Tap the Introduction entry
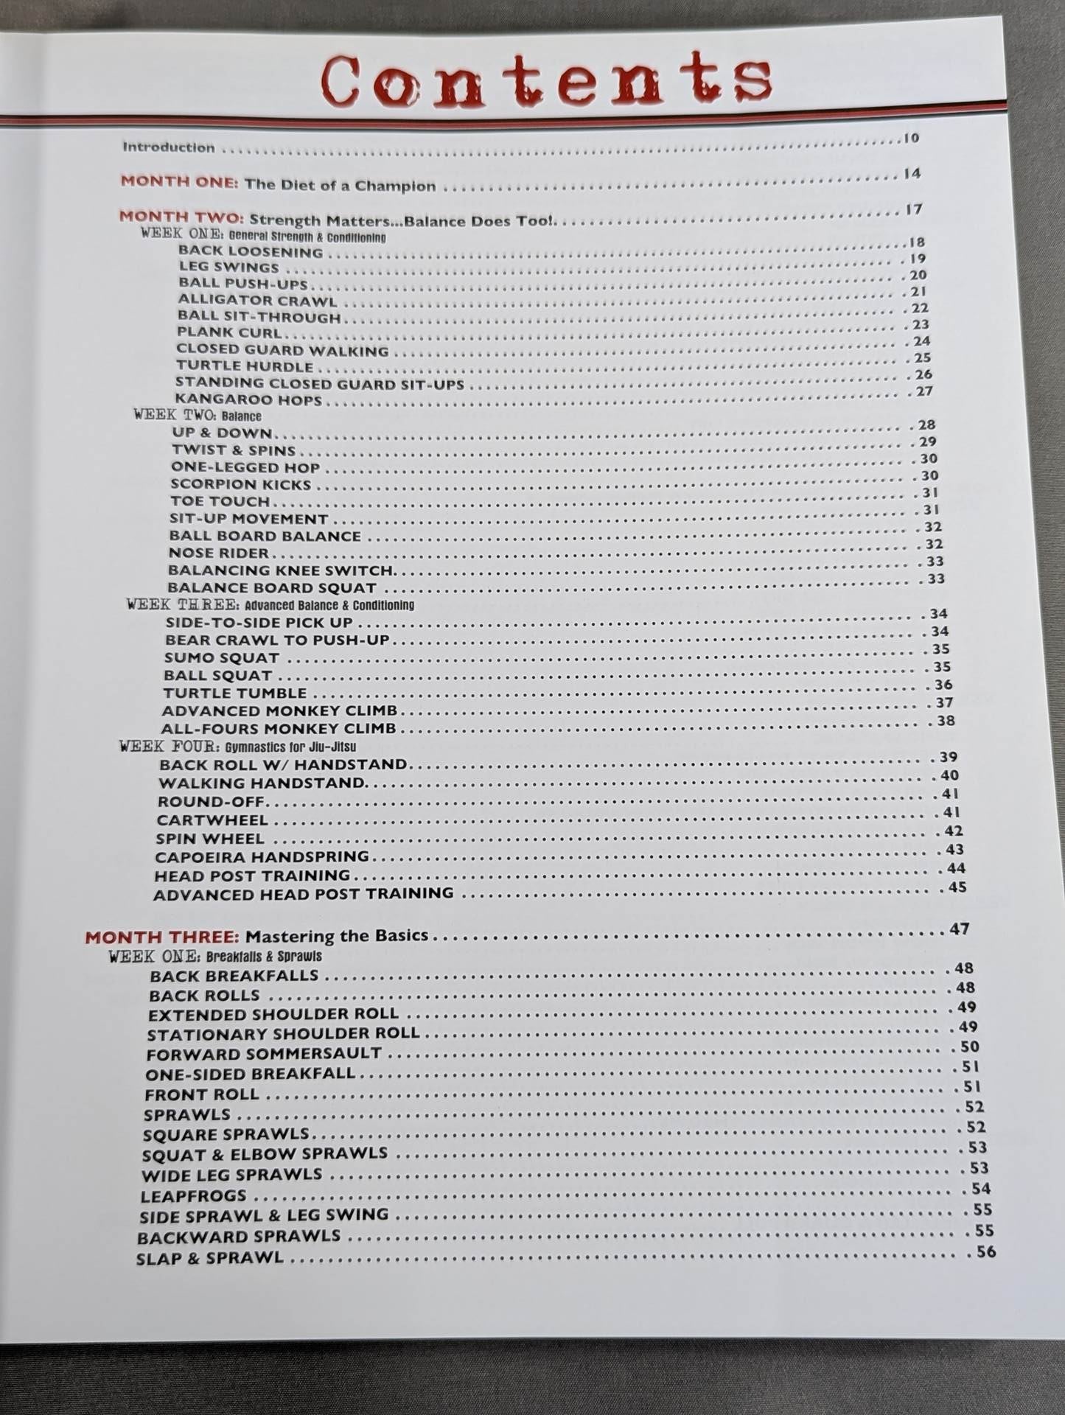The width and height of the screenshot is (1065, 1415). point(169,147)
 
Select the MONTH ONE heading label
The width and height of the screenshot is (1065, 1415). point(179,181)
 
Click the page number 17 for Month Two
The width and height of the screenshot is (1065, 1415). point(914,209)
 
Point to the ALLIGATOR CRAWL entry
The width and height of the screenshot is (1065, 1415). point(257,301)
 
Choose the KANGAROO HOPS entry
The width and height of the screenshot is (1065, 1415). point(248,400)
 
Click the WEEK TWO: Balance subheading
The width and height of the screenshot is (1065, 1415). point(198,416)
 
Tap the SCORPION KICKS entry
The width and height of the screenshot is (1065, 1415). point(240,484)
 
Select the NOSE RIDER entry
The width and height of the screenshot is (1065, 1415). point(218,553)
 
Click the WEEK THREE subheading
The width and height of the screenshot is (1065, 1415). point(270,605)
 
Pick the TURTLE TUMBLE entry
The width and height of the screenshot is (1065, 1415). point(235,693)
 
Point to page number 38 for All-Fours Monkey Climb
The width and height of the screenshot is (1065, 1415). point(946,721)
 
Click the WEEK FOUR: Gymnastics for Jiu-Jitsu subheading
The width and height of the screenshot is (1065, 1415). point(237,747)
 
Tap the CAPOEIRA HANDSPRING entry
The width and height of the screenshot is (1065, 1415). point(262,856)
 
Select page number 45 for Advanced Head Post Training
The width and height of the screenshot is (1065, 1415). point(957,887)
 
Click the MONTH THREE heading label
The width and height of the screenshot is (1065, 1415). point(162,937)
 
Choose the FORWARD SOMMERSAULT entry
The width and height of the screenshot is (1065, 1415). point(264,1054)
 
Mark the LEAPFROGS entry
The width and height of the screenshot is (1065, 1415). point(193,1195)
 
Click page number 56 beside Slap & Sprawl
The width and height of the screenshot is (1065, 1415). point(985,1251)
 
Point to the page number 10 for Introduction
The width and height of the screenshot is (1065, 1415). point(912,138)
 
